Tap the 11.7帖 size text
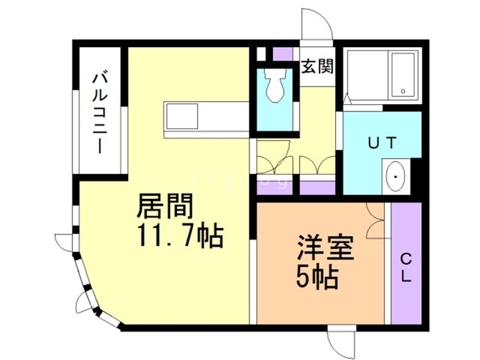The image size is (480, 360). pos(179,235)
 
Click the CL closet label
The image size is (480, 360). pos(405,268)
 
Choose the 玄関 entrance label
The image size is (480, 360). pos(318,66)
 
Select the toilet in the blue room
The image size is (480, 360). pos(275,87)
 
